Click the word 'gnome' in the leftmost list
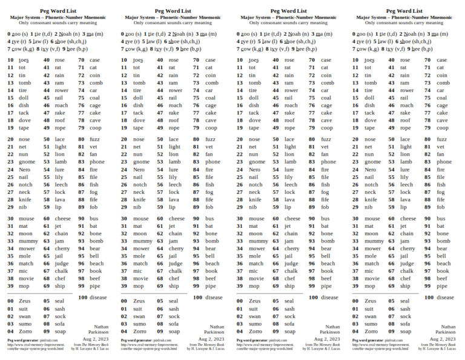[27, 162]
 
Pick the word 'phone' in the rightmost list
[444, 162]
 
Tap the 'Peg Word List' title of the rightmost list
[404, 10]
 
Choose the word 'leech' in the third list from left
[291, 184]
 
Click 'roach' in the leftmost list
[61, 105]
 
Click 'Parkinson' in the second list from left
[214, 332]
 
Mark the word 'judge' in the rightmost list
[406, 264]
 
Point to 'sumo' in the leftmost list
[25, 324]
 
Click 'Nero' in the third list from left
[254, 170]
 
